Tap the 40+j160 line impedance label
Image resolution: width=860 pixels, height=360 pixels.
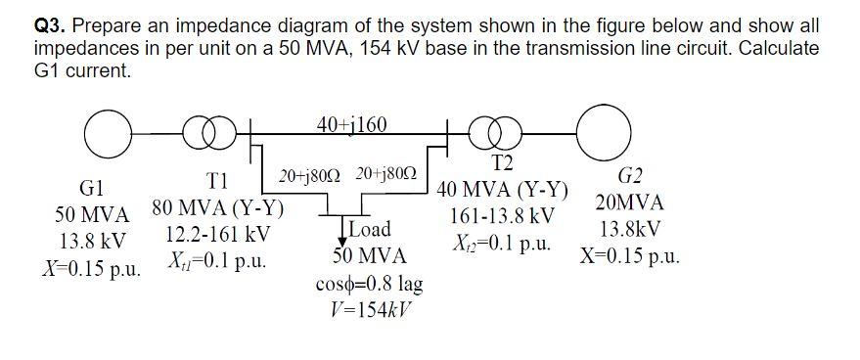click(x=352, y=124)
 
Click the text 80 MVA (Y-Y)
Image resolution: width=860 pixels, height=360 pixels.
click(x=218, y=209)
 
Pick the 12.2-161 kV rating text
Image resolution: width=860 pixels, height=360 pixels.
click(x=218, y=236)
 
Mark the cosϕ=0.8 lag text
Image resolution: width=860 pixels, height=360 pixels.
click(x=370, y=285)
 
